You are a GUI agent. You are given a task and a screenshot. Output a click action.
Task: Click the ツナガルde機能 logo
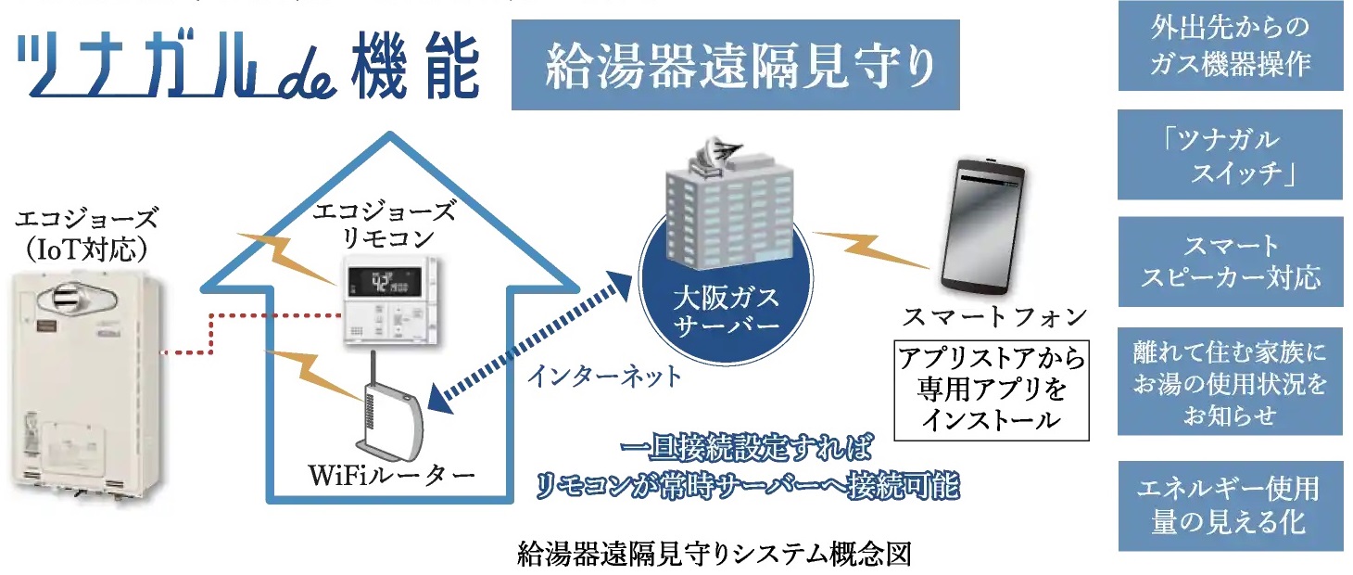(x=248, y=68)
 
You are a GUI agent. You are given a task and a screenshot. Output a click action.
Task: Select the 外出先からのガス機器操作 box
(x=1230, y=45)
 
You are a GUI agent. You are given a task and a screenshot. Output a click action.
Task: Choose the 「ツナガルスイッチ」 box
(x=1230, y=155)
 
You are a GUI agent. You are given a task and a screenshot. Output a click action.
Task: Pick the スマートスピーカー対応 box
(x=1230, y=262)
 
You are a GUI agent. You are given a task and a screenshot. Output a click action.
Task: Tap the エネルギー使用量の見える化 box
(x=1230, y=505)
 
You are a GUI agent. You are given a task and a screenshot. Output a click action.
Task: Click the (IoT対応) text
(x=86, y=249)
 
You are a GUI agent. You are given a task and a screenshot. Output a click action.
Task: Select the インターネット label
(x=603, y=376)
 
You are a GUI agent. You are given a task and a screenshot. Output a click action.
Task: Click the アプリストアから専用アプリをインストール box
(x=992, y=389)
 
